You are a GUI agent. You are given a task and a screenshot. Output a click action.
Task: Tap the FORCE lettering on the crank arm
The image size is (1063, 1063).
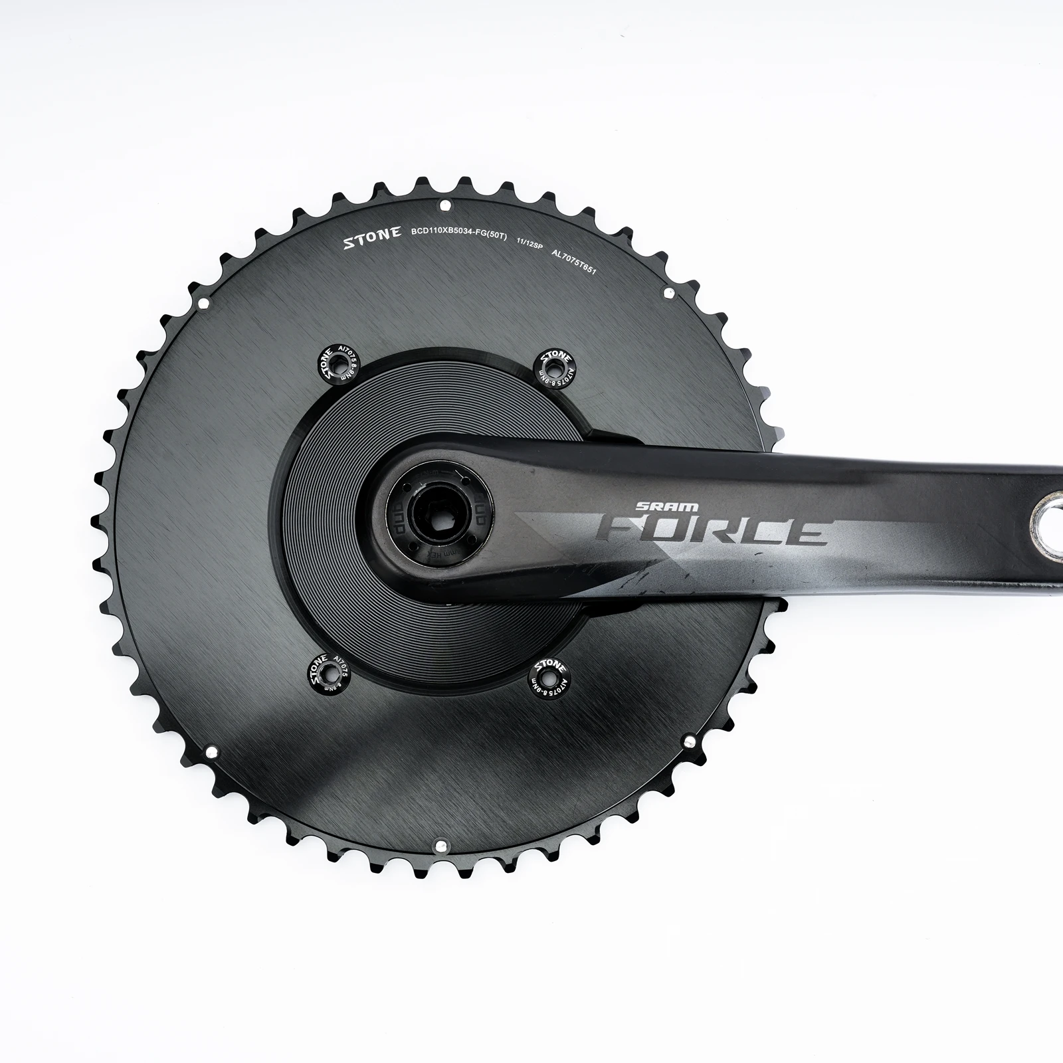(x=714, y=530)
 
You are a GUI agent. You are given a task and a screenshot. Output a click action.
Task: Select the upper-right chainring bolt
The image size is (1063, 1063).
(x=555, y=364)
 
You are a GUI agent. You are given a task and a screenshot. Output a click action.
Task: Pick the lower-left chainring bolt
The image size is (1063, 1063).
(x=328, y=674)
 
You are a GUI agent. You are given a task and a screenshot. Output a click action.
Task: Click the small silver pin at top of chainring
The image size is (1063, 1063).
(x=445, y=204)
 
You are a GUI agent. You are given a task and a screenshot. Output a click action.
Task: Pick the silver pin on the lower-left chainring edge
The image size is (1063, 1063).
(x=211, y=753)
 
